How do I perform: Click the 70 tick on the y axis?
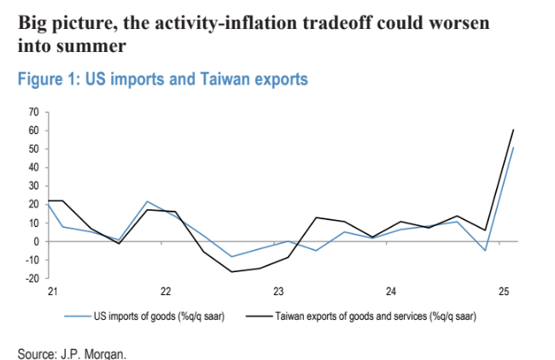tap(34, 112)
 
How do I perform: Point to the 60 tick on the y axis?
tap(34, 131)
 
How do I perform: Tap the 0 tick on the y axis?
tap(36, 241)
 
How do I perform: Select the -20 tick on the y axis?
tap(32, 278)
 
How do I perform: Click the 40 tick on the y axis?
tap(34, 167)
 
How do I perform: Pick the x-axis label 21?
tap(51, 292)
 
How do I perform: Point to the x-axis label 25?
tap(504, 292)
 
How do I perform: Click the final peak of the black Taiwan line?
tap(513, 130)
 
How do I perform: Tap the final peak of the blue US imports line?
tap(513, 148)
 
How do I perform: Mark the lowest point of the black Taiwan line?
tap(231, 272)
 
